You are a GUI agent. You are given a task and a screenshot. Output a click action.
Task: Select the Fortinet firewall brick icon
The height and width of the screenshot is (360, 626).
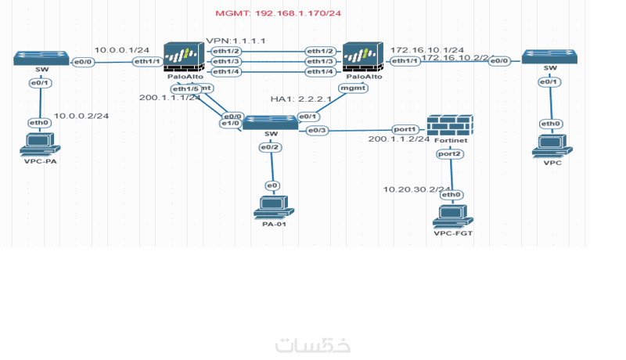(x=450, y=125)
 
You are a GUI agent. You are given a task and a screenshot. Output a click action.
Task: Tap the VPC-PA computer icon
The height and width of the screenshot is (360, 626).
(x=39, y=144)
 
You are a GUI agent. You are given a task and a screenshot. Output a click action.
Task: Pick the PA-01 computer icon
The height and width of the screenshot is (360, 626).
(x=272, y=207)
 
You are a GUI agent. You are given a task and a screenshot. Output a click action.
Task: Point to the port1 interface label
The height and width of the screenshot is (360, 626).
(x=405, y=129)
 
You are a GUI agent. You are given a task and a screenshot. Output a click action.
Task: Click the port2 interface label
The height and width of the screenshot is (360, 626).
(x=450, y=154)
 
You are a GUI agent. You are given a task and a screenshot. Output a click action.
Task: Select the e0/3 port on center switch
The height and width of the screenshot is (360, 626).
(x=317, y=130)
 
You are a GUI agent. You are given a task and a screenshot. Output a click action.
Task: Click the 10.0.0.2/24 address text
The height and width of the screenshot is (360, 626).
(x=81, y=116)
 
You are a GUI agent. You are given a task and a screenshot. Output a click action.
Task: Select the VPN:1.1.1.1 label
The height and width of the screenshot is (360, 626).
(x=236, y=40)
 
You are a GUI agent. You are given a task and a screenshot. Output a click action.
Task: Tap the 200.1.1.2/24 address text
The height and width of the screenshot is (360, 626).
(x=399, y=139)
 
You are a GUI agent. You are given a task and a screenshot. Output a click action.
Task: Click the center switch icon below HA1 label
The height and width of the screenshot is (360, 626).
(x=270, y=123)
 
